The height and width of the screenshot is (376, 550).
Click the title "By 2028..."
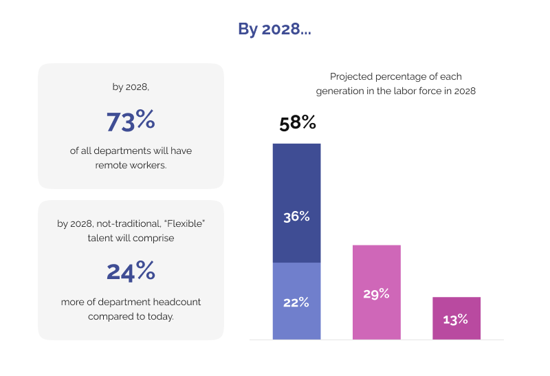click(x=274, y=30)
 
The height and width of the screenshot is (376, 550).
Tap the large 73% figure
click(x=131, y=120)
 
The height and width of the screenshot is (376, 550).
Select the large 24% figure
click(x=131, y=271)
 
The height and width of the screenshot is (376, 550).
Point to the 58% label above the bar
click(x=297, y=123)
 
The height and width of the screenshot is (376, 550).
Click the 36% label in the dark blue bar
click(x=296, y=217)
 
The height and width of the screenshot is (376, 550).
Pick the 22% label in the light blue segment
click(x=296, y=302)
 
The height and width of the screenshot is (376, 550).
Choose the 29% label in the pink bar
click(x=376, y=294)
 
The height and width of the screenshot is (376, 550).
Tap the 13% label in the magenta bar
click(x=456, y=319)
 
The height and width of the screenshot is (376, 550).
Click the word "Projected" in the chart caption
click(x=351, y=76)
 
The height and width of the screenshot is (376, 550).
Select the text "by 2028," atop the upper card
click(x=131, y=87)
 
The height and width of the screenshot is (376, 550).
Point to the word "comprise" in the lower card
click(x=155, y=238)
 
